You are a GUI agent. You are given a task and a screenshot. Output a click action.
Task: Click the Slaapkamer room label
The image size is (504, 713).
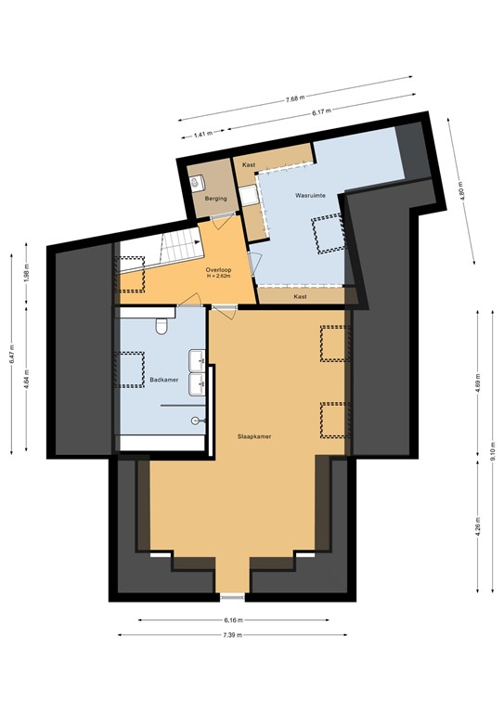[253, 435]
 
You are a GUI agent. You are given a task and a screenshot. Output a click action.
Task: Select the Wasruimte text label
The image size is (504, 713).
[308, 197]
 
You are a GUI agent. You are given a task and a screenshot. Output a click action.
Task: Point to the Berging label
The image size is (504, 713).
[203, 199]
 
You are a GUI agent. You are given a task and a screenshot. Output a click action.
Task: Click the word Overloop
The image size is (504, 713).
[218, 269]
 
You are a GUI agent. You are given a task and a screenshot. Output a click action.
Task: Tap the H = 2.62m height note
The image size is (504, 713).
[218, 277]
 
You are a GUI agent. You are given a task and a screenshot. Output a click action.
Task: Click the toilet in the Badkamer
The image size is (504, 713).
[162, 324]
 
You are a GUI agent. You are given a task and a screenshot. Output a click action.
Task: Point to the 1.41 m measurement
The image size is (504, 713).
[203, 135]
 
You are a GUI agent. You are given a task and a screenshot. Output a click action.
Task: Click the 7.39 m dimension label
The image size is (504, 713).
[232, 635]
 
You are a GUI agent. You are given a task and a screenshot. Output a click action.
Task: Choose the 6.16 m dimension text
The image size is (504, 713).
[232, 620]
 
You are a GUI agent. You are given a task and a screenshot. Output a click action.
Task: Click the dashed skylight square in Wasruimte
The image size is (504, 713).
[326, 234]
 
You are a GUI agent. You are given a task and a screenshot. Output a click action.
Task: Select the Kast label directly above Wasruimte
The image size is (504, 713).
[249, 164]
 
